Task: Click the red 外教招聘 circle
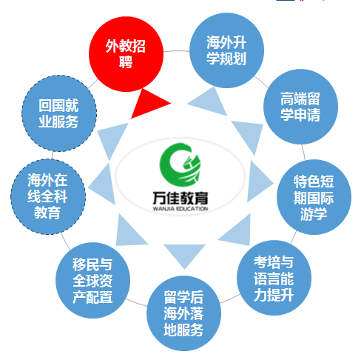pos(126,54)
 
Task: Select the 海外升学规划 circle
pos(226,50)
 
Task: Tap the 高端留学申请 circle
pos(300,107)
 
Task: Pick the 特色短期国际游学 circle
pos(314,197)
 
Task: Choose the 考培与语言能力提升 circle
pos(274,278)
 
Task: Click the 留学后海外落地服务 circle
pos(183,313)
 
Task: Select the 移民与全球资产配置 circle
pos(92,280)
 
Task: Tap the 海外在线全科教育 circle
pos(48,197)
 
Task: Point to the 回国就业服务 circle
pos(59,113)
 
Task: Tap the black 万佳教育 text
pos(180,199)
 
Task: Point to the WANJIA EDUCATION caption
pos(180,209)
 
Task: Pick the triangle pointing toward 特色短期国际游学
pos(258,182)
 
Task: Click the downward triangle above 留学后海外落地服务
pos(184,254)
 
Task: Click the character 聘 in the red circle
pos(126,62)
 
